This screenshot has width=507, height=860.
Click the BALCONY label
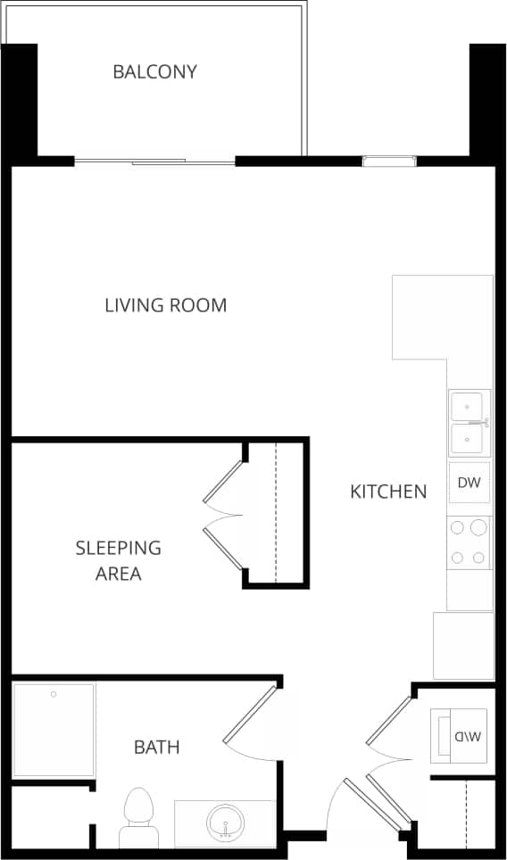point(154,71)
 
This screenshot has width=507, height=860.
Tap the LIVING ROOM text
point(166,305)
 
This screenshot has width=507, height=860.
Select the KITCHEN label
point(387,491)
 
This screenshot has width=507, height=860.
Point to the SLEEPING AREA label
point(118,560)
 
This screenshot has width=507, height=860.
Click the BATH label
point(156,747)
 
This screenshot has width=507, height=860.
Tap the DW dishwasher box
point(470,484)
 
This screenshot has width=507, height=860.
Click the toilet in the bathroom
point(138,816)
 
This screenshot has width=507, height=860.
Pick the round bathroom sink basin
point(224,822)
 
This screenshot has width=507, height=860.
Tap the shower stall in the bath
point(54,730)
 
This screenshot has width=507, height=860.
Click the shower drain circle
point(54,693)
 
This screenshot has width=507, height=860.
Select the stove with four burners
point(470,542)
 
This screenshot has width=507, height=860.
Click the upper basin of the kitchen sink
point(467,407)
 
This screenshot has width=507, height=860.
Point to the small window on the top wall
point(388,161)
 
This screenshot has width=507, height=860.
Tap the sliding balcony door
point(156,161)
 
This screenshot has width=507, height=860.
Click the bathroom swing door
point(250,714)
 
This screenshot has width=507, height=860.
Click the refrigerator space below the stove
point(463,645)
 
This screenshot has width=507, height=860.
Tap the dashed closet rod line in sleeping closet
point(276,512)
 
